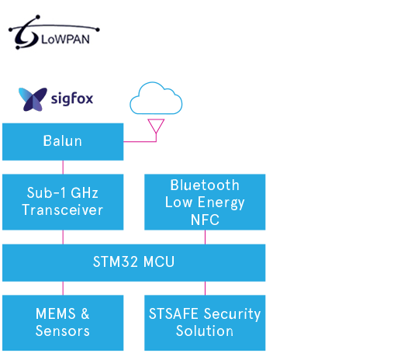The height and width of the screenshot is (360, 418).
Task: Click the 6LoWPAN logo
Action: (x=54, y=33)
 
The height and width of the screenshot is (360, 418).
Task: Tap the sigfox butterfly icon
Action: (x=33, y=99)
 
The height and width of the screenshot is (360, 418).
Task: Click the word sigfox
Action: (x=72, y=99)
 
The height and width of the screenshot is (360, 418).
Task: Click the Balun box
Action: (x=63, y=142)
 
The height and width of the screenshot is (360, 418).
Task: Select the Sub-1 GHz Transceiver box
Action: (x=63, y=202)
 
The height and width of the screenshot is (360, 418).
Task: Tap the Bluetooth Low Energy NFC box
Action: (x=205, y=202)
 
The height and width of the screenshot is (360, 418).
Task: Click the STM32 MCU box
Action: (x=134, y=263)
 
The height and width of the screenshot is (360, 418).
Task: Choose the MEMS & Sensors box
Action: (x=63, y=323)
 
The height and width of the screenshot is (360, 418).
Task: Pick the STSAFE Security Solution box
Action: (x=205, y=323)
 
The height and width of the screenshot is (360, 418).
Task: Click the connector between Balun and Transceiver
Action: (x=63, y=168)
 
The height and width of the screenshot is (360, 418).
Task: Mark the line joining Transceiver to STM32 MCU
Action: (x=63, y=237)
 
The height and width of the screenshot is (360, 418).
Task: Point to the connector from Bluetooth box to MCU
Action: (x=205, y=237)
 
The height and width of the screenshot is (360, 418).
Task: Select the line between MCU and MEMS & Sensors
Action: (x=63, y=288)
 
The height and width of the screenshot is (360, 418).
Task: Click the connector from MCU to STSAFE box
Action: (x=205, y=288)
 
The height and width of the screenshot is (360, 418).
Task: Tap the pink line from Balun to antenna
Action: (x=140, y=141)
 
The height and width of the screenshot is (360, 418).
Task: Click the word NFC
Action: (x=205, y=220)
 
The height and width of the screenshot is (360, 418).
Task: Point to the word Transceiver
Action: (x=63, y=209)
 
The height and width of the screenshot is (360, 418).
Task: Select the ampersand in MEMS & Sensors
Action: (x=85, y=313)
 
